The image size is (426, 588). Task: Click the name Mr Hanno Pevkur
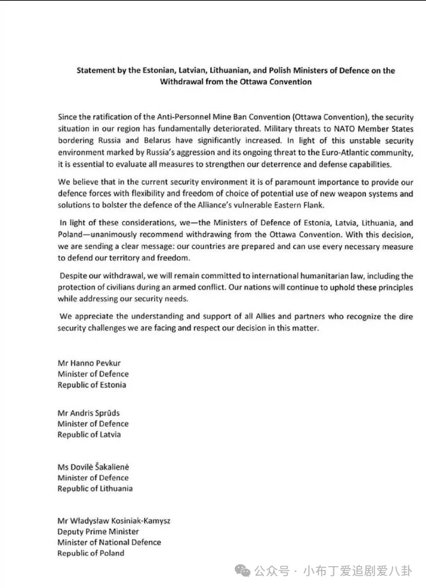pyautogui.click(x=89, y=363)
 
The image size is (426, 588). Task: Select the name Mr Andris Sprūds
pyautogui.click(x=88, y=413)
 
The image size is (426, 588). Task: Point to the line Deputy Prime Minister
pyautogui.click(x=98, y=531)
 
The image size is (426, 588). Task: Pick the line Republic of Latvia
pyautogui.click(x=89, y=435)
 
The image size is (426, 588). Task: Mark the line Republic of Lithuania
pyautogui.click(x=95, y=489)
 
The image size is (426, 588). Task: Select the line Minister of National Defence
pyautogui.click(x=109, y=542)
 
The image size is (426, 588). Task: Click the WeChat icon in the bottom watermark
pyautogui.click(x=243, y=571)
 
